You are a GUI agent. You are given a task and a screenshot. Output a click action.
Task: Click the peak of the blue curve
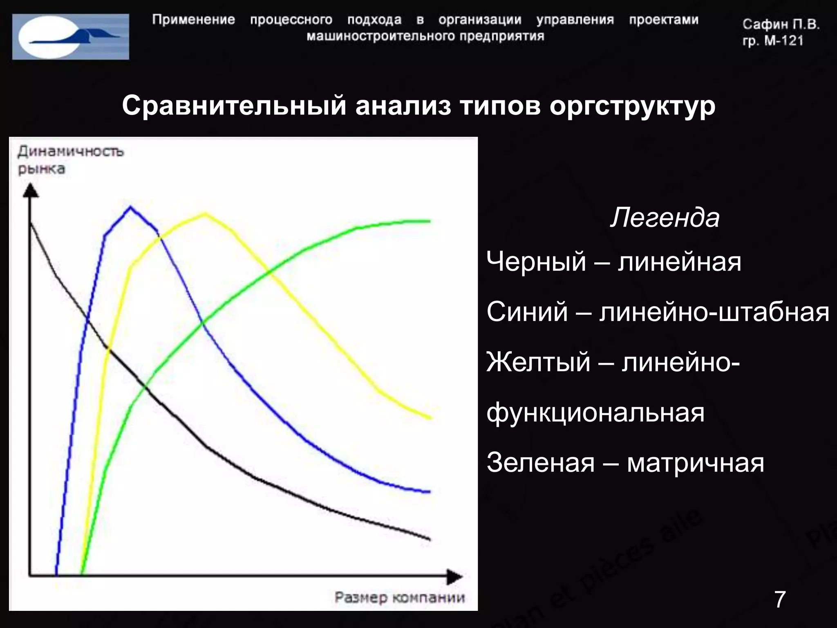pos(130,207)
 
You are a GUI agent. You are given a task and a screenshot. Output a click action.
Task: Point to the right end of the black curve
pos(429,539)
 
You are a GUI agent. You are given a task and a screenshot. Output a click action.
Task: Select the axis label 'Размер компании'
pos(400,598)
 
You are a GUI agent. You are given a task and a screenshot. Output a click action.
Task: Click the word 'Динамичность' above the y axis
pos(70,152)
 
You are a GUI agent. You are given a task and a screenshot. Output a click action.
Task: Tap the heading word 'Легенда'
pos(665,218)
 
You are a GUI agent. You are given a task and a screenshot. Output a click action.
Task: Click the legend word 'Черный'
pos(536,262)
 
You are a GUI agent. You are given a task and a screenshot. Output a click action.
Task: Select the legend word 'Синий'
pos(527,312)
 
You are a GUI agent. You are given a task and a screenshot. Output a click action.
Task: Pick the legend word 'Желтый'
pos(538,362)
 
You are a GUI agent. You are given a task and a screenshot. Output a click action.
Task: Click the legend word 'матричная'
pos(695,463)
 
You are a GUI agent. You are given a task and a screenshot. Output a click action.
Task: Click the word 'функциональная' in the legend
pos(595,413)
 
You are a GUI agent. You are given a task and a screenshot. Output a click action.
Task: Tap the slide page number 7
pos(780,599)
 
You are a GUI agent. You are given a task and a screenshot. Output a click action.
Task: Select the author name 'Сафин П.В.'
pos(781,25)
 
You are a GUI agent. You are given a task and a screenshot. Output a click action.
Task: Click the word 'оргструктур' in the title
pos(632,106)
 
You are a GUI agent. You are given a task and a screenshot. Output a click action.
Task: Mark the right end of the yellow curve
pos(430,418)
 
